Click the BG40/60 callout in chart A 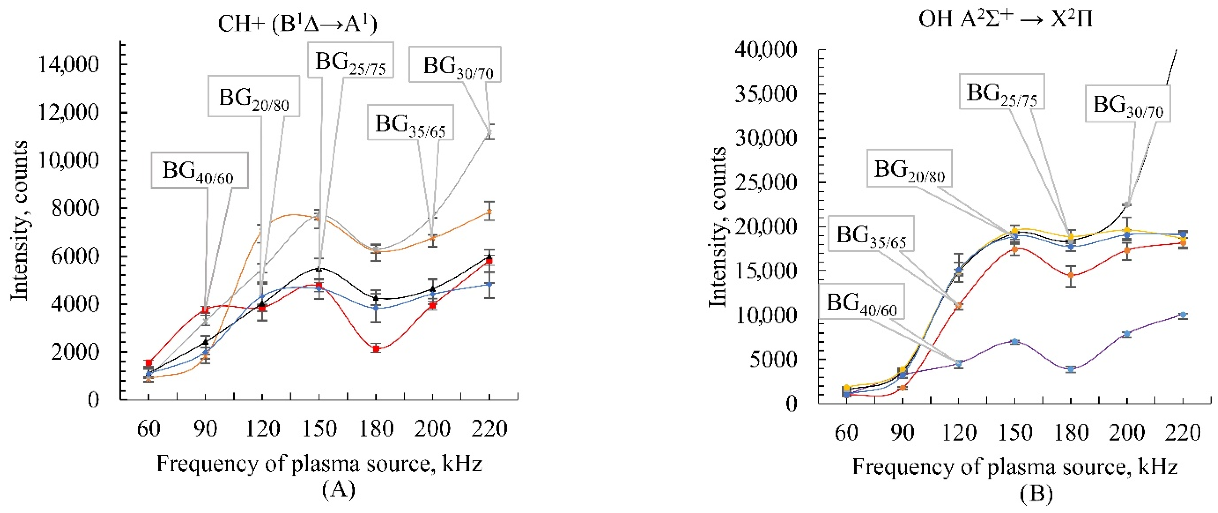199,170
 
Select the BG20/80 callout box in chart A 254,96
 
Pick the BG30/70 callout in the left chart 455,65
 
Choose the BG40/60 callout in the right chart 861,302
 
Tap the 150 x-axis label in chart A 319,429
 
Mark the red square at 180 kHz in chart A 376,349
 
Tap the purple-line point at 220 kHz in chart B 1183,315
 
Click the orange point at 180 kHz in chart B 1071,275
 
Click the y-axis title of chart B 717,227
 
